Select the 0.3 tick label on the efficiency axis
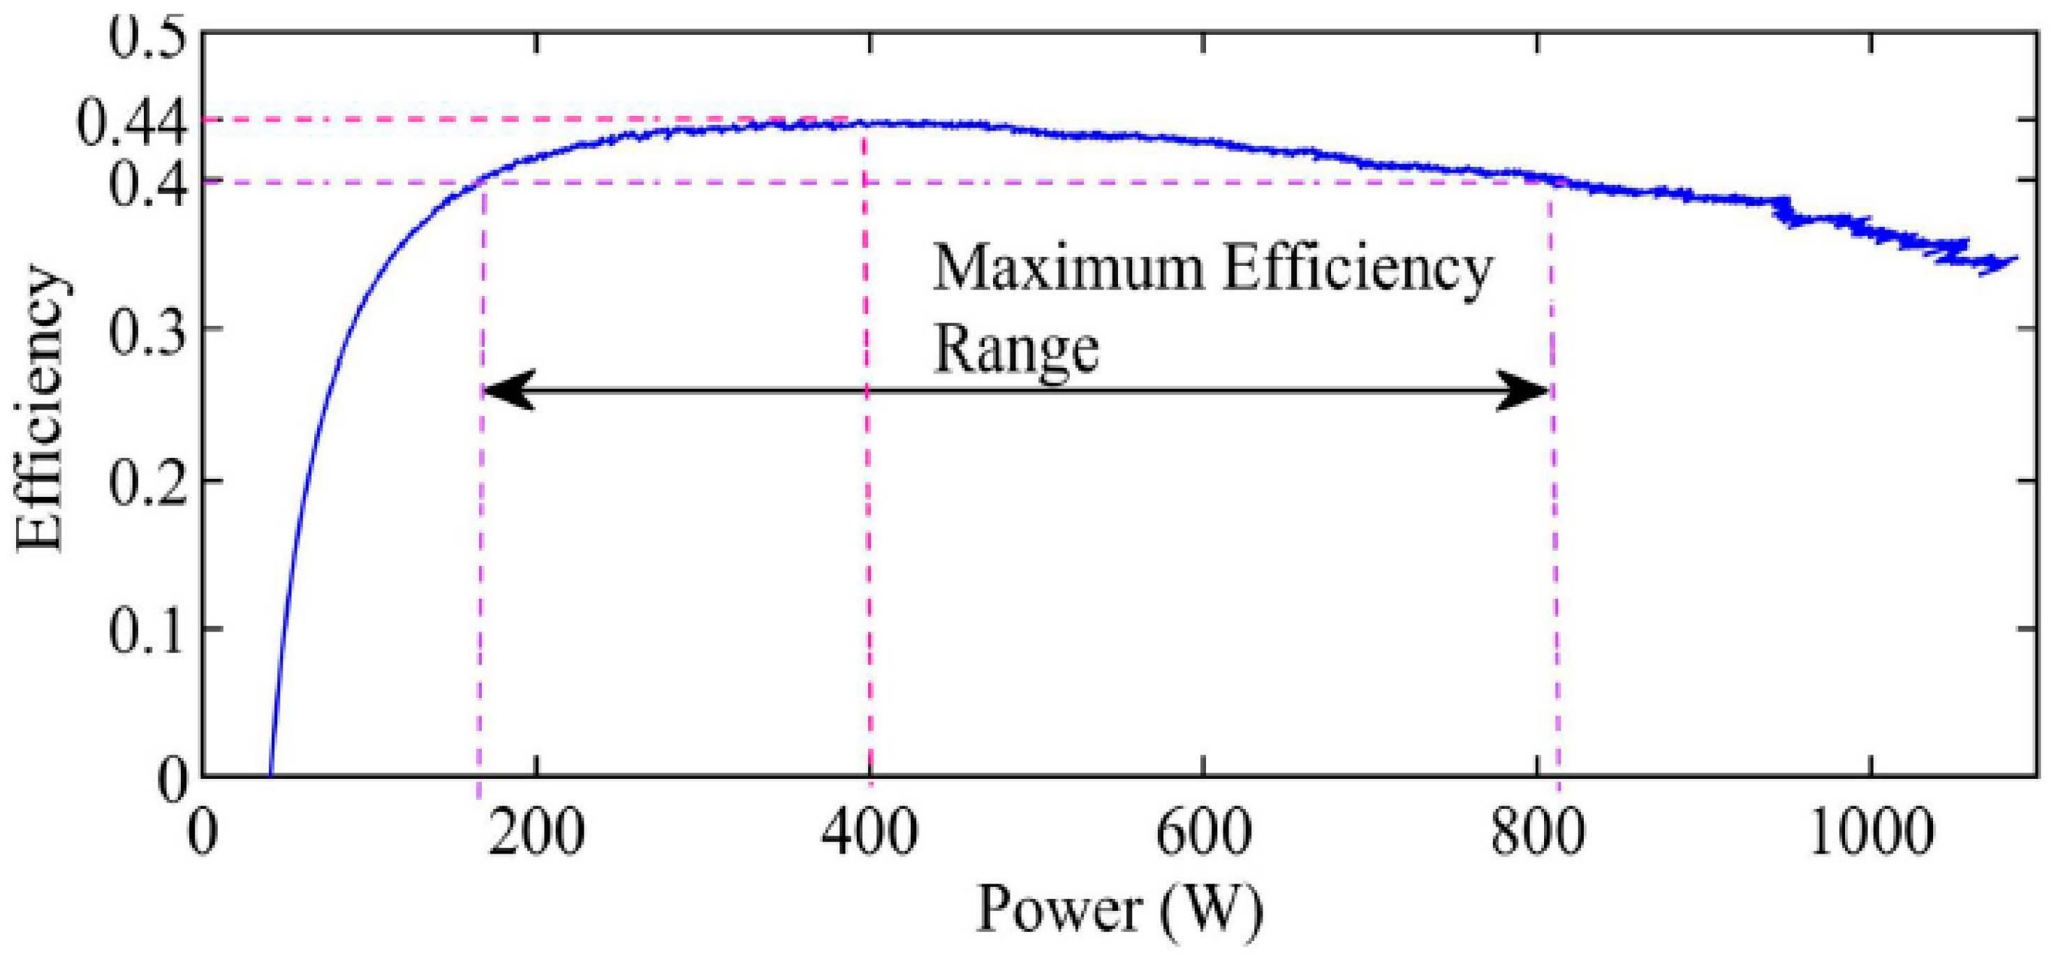click(x=142, y=329)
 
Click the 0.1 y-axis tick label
click(x=142, y=630)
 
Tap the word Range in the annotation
click(x=1016, y=350)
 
